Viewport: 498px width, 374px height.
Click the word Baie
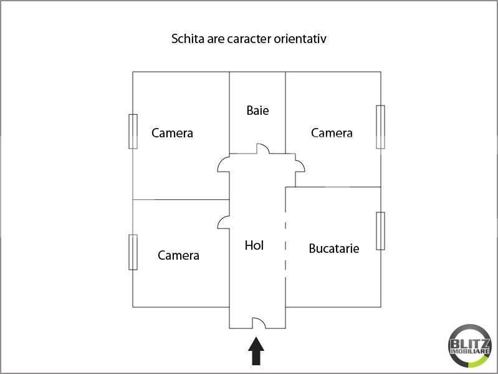(x=257, y=111)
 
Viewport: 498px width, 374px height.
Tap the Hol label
(x=254, y=245)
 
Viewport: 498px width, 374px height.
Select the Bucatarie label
(x=334, y=249)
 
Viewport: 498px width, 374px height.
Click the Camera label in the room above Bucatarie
(x=332, y=133)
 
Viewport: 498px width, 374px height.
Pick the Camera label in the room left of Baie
(x=172, y=133)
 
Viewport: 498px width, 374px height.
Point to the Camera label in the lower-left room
(x=178, y=255)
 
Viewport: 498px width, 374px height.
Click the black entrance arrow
(x=256, y=351)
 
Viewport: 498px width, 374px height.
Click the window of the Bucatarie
(x=380, y=231)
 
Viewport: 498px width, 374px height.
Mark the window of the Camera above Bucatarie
(x=380, y=127)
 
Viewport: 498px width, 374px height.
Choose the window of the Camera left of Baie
(x=133, y=131)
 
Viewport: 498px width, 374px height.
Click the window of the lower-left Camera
(x=133, y=252)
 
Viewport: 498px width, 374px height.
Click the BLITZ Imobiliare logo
(x=470, y=346)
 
